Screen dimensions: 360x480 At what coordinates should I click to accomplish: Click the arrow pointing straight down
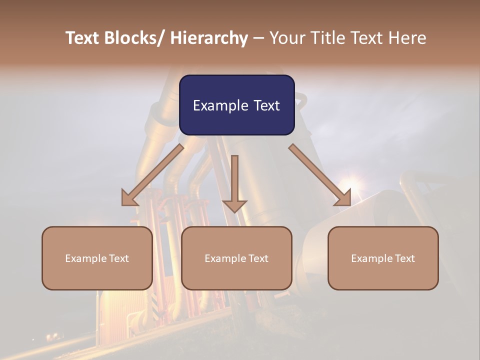pyautogui.click(x=234, y=185)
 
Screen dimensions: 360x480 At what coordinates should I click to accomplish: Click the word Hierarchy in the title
pyautogui.click(x=209, y=38)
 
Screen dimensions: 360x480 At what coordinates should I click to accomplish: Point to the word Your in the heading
pyautogui.click(x=286, y=38)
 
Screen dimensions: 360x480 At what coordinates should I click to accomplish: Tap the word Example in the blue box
pyautogui.click(x=220, y=106)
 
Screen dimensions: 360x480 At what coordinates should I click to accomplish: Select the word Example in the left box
pyautogui.click(x=85, y=258)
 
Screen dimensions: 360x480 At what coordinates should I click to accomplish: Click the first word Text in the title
pyautogui.click(x=82, y=38)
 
